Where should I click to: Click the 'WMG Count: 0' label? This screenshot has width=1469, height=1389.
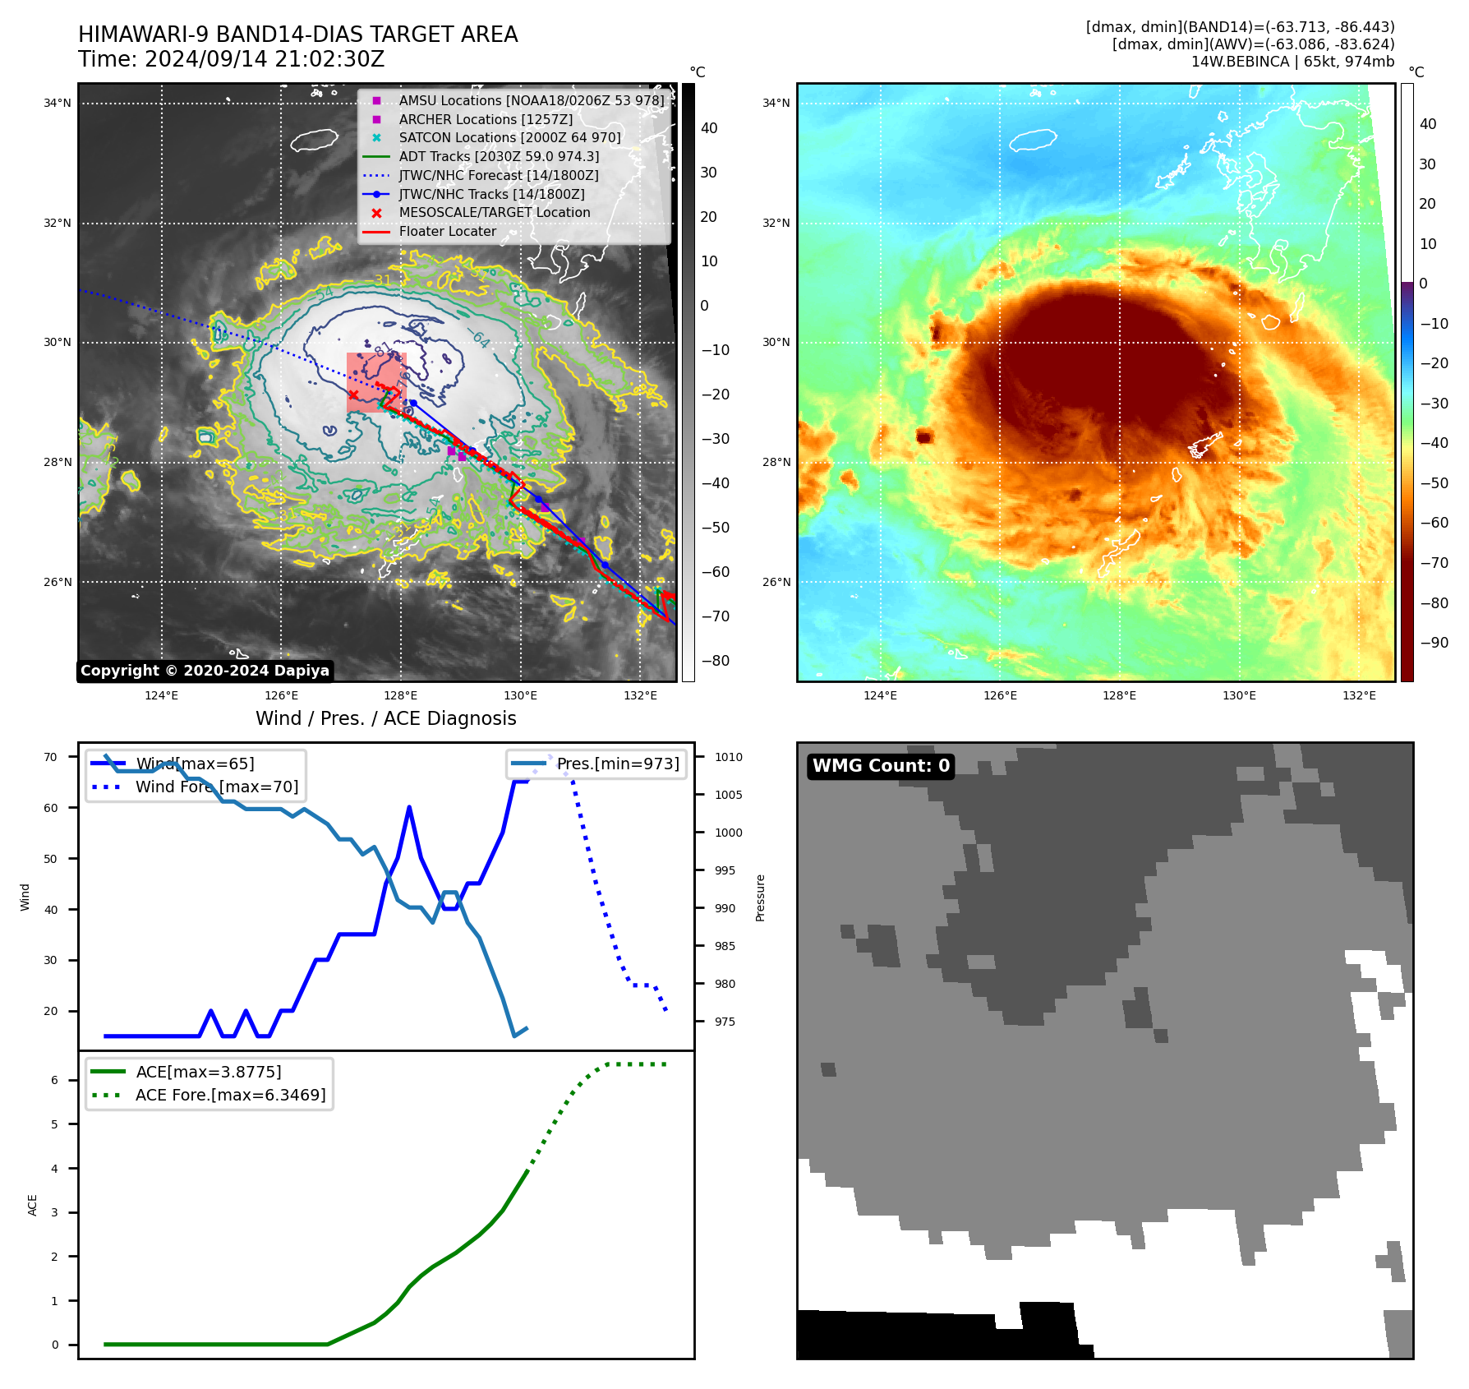pyautogui.click(x=881, y=766)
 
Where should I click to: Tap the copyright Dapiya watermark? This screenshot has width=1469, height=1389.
pyautogui.click(x=205, y=671)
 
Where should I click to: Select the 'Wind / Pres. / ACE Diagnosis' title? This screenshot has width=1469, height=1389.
pyautogui.click(x=385, y=718)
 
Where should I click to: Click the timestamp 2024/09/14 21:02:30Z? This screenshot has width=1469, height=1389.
pyautogui.click(x=231, y=60)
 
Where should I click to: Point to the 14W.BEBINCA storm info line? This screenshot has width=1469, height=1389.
pyautogui.click(x=1292, y=62)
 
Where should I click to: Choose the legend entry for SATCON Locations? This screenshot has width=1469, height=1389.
pyautogui.click(x=509, y=138)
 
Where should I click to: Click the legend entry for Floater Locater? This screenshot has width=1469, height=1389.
pyautogui.click(x=447, y=232)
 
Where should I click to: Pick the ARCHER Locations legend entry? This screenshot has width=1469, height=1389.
pyautogui.click(x=486, y=120)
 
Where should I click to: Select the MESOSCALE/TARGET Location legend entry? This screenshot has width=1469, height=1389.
pyautogui.click(x=494, y=213)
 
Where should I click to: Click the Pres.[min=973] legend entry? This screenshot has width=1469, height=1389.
pyautogui.click(x=618, y=764)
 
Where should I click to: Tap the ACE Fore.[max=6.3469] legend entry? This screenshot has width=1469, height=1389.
pyautogui.click(x=230, y=1095)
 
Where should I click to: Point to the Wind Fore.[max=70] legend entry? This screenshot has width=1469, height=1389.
pyautogui.click(x=217, y=787)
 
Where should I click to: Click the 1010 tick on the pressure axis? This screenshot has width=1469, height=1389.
pyautogui.click(x=728, y=757)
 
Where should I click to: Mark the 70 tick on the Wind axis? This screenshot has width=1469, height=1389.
pyautogui.click(x=51, y=757)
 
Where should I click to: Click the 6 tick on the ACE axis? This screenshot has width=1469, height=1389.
pyautogui.click(x=55, y=1080)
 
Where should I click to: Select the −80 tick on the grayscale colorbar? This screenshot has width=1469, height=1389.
pyautogui.click(x=715, y=661)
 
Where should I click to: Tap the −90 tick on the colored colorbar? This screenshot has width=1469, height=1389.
pyautogui.click(x=1434, y=643)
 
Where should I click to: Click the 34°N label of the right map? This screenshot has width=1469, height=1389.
pyautogui.click(x=776, y=104)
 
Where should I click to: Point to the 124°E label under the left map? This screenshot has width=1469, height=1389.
pyautogui.click(x=161, y=696)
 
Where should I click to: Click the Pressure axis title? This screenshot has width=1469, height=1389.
pyautogui.click(x=760, y=898)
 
